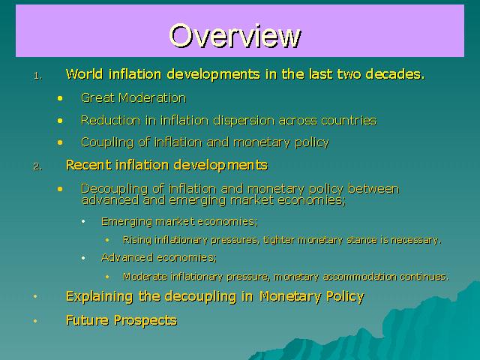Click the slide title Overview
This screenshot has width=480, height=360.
[x=235, y=35]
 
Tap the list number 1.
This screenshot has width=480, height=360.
[x=38, y=76]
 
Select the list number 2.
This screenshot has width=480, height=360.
[x=38, y=166]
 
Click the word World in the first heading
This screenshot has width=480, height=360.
[x=84, y=74]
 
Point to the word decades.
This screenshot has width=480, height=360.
[x=395, y=74]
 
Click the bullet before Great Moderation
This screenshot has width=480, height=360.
[x=60, y=98]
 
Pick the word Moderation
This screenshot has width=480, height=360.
[x=152, y=98]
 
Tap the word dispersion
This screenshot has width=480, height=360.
[x=244, y=121]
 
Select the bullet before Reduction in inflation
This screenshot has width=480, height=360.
[x=60, y=121]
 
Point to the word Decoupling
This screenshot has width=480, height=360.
[x=115, y=189]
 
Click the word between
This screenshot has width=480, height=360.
[x=373, y=189]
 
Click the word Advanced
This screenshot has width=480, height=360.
[x=127, y=257]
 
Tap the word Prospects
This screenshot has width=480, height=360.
[x=145, y=321]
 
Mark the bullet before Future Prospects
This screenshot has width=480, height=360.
[x=35, y=321]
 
